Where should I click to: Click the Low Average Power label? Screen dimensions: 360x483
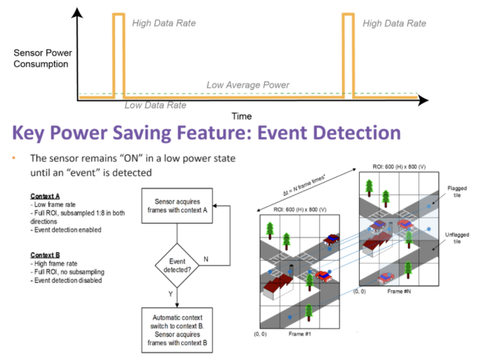click(x=248, y=85)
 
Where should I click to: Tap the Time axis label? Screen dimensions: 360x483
click(x=241, y=117)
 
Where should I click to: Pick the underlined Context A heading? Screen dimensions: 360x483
click(x=36, y=196)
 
